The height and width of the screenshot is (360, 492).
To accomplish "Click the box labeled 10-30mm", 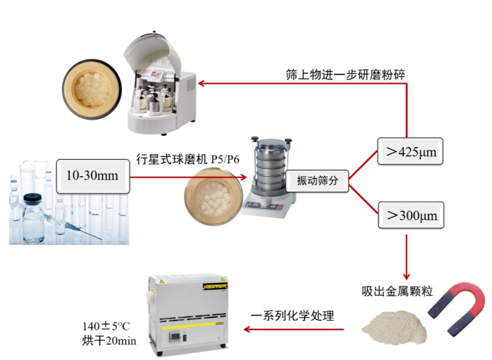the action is coord(93,176).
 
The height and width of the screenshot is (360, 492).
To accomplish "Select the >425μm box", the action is coord(410,151).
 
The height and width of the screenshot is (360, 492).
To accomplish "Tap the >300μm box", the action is coord(411,215).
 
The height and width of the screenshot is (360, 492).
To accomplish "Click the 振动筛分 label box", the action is coord(317,181).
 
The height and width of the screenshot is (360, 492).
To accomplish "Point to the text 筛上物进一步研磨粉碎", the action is coord(345,75).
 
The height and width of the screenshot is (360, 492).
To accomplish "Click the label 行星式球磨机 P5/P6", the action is coord(188,159).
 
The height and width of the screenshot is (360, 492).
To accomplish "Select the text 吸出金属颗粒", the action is coord(397,291).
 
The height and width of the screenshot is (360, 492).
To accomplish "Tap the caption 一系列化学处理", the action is coord(293,315).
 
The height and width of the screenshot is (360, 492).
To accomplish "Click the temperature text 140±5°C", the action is coord(106,326).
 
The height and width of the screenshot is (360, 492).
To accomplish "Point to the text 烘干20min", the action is coord(109,341).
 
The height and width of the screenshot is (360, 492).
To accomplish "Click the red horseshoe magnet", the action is coord(457,308).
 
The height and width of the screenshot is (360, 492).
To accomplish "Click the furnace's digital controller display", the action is coord(175,337).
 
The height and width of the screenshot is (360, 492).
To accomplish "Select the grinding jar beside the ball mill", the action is coord(92,89).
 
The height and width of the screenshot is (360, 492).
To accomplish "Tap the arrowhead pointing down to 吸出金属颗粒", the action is coord(407,276).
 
